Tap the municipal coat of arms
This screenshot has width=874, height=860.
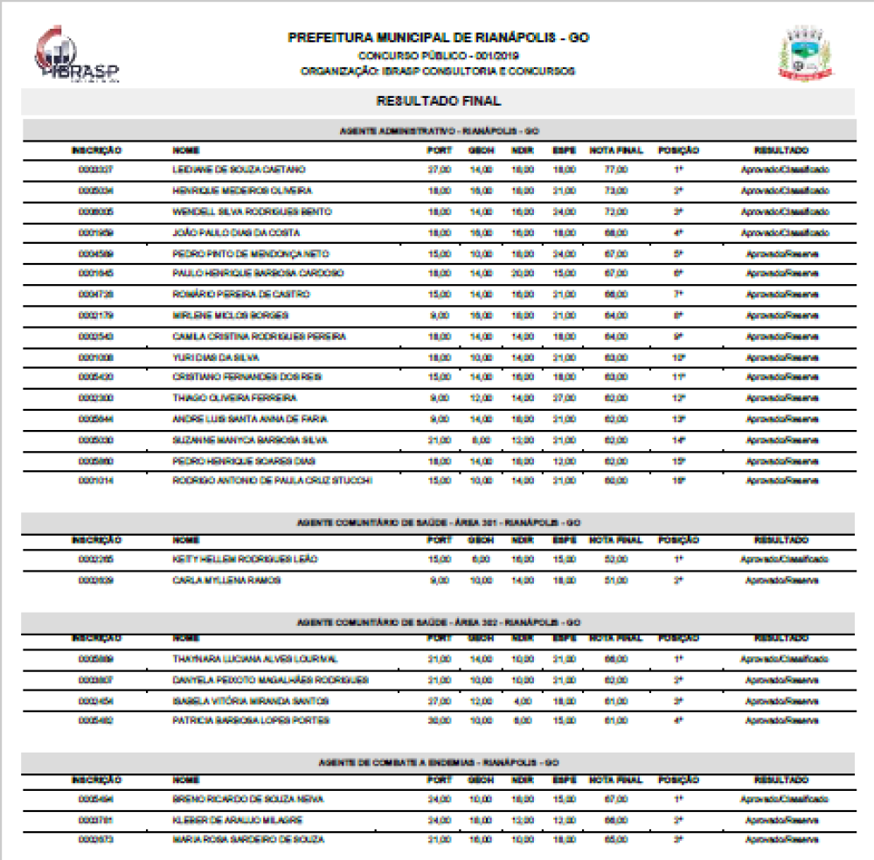(805, 54)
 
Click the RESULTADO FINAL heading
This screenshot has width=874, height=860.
(438, 101)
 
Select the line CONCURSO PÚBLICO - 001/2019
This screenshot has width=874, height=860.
(438, 55)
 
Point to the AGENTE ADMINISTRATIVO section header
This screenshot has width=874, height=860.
(438, 130)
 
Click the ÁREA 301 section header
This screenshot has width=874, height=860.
(438, 523)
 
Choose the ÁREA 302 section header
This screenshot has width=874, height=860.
(438, 622)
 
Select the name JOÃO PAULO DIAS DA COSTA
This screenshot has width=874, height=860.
(225, 232)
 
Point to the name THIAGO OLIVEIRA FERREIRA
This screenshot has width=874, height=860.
(223, 398)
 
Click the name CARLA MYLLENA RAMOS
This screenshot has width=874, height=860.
(214, 579)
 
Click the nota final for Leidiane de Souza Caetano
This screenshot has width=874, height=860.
(616, 169)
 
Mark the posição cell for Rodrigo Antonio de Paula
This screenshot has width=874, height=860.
(678, 481)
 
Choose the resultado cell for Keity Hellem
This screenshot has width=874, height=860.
(784, 558)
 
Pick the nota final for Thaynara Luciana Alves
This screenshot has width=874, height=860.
(616, 658)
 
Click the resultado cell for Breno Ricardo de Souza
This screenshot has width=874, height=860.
(784, 799)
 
